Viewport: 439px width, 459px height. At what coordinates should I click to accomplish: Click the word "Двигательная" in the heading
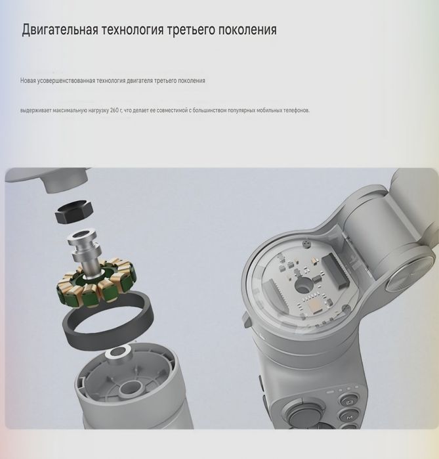60,30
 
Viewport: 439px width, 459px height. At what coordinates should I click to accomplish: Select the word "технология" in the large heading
136,30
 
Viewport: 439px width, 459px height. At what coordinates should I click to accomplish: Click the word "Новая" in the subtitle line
28,81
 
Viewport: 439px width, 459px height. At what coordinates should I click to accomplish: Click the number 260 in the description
115,110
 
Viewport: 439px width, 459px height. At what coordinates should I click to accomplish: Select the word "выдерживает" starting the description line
35,110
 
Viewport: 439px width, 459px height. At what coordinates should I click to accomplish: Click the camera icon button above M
350,402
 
